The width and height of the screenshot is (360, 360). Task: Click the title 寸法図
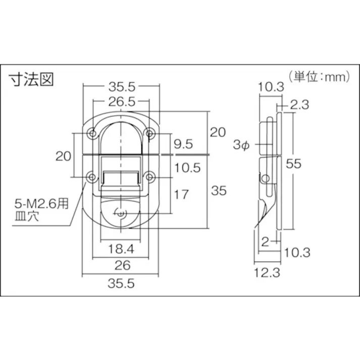[31, 80]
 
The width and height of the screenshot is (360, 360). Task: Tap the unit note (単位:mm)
[319, 76]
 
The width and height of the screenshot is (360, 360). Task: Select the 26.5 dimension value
[121, 101]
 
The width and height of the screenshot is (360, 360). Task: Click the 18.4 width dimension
[121, 248]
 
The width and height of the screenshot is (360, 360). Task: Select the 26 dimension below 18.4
[121, 265]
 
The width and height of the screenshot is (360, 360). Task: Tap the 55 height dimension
[294, 163]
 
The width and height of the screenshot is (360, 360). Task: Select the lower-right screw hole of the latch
[149, 177]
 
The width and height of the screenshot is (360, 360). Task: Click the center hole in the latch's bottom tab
[121, 214]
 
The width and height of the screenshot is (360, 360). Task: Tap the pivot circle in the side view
[265, 178]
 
